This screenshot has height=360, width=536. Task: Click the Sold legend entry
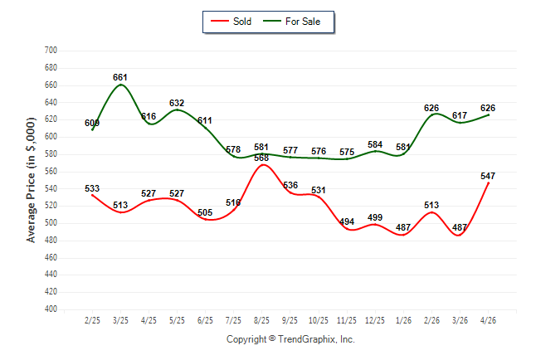point(231,22)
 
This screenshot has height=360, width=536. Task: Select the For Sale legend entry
point(291,22)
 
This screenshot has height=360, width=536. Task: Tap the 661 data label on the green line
point(120,78)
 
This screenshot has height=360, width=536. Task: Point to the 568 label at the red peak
point(261,158)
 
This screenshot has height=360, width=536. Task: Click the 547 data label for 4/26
point(488,176)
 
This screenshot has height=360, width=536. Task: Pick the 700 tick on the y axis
point(51,51)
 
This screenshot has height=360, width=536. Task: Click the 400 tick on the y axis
point(51,309)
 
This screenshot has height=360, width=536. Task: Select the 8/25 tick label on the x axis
point(261,320)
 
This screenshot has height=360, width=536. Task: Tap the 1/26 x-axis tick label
point(403,320)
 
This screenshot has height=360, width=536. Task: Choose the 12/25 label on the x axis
point(375,320)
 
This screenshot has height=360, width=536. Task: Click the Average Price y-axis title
point(31,180)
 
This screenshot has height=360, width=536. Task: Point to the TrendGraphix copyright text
point(290,339)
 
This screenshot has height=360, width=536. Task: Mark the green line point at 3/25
point(120,85)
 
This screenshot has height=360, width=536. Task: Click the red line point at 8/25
point(262,165)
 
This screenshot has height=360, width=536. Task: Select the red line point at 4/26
point(488,183)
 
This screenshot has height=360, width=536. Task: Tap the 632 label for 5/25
point(177,103)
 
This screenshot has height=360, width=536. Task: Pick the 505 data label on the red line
point(205,212)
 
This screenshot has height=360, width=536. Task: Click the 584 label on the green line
point(375,144)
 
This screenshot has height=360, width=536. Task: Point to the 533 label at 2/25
point(92,188)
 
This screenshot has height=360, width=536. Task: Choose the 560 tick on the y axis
point(51,171)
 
